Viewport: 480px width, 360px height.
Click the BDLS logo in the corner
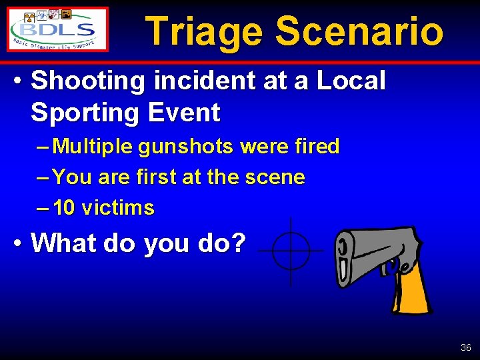pos(58,29)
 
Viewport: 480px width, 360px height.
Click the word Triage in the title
pos(203,31)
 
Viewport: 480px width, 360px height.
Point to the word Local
pos(351,81)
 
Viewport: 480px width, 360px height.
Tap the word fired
pos(317,146)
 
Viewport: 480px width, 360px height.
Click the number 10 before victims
pos(64,208)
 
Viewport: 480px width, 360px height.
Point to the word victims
pos(118,208)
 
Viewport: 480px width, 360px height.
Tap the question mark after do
pos(239,243)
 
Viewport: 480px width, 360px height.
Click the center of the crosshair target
pos(291,251)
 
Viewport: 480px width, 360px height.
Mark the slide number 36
pos(465,348)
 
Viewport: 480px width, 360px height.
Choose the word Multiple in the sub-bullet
pos(93,147)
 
